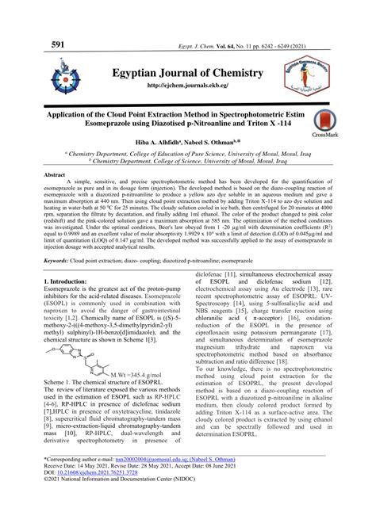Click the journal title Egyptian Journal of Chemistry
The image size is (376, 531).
[187, 73]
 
